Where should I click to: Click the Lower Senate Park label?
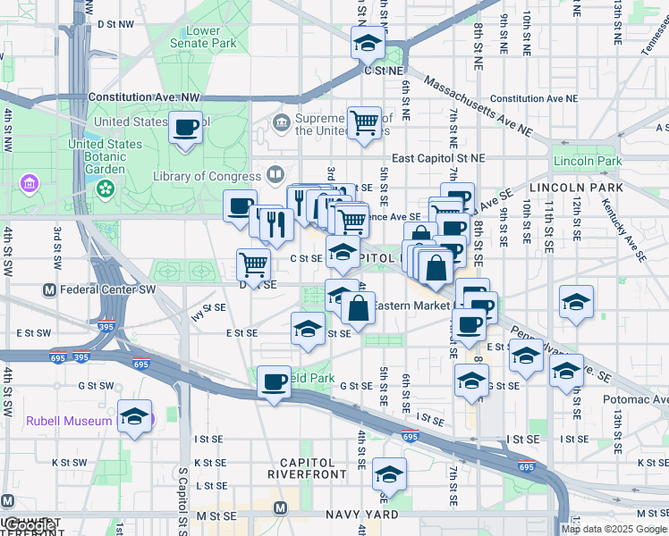pyautogui.click(x=204, y=37)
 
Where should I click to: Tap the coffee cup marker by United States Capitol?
pyautogui.click(x=186, y=128)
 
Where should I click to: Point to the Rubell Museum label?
pyautogui.click(x=69, y=421)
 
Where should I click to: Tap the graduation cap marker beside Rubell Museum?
pyautogui.click(x=135, y=417)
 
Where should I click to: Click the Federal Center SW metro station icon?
pyautogui.click(x=50, y=290)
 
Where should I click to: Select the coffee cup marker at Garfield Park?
pyautogui.click(x=275, y=381)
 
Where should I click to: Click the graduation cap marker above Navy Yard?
pyautogui.click(x=389, y=473)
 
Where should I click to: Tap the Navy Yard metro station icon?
pyautogui.click(x=280, y=508)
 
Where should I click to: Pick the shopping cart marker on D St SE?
pyautogui.click(x=253, y=264)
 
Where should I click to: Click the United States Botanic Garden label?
pyautogui.click(x=111, y=155)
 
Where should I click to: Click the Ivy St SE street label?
pyautogui.click(x=207, y=310)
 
